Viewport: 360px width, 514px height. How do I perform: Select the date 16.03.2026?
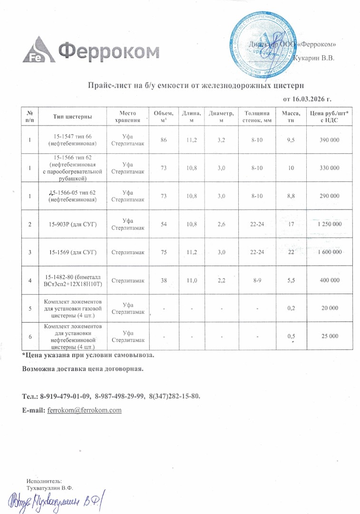307,99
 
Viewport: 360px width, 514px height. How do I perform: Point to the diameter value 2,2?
221,280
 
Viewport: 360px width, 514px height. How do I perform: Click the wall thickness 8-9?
256,280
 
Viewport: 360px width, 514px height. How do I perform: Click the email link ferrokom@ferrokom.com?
85,410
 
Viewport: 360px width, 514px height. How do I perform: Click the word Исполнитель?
41,482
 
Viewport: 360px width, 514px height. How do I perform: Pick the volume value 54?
164,224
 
